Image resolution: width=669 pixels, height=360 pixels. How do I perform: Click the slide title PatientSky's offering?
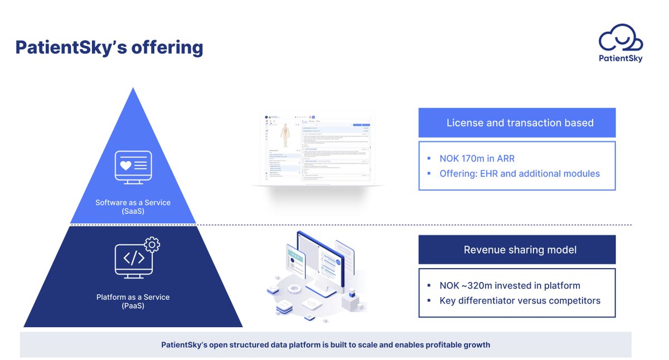tap(109, 47)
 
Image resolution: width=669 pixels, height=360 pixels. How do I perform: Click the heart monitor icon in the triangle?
tap(133, 166)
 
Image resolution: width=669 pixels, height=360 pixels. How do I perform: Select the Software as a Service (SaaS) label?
tap(133, 207)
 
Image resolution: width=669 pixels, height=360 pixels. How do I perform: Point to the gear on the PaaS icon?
tap(152, 244)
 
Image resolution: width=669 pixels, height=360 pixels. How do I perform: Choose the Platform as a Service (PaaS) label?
tap(133, 301)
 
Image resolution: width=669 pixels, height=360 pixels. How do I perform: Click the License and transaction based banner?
tap(517, 123)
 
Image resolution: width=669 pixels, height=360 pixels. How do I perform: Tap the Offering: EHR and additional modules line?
tap(520, 174)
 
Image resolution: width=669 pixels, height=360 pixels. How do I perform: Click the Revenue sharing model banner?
tap(517, 250)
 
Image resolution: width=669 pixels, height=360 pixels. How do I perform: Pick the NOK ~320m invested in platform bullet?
tap(510, 286)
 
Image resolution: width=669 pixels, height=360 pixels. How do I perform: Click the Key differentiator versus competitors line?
tap(520, 301)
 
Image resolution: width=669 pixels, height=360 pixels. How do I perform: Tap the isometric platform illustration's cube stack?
tap(351, 301)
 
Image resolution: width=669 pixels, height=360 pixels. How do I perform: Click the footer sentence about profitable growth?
tap(326, 345)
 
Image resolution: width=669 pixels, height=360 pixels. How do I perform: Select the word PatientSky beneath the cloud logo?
tap(620, 59)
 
